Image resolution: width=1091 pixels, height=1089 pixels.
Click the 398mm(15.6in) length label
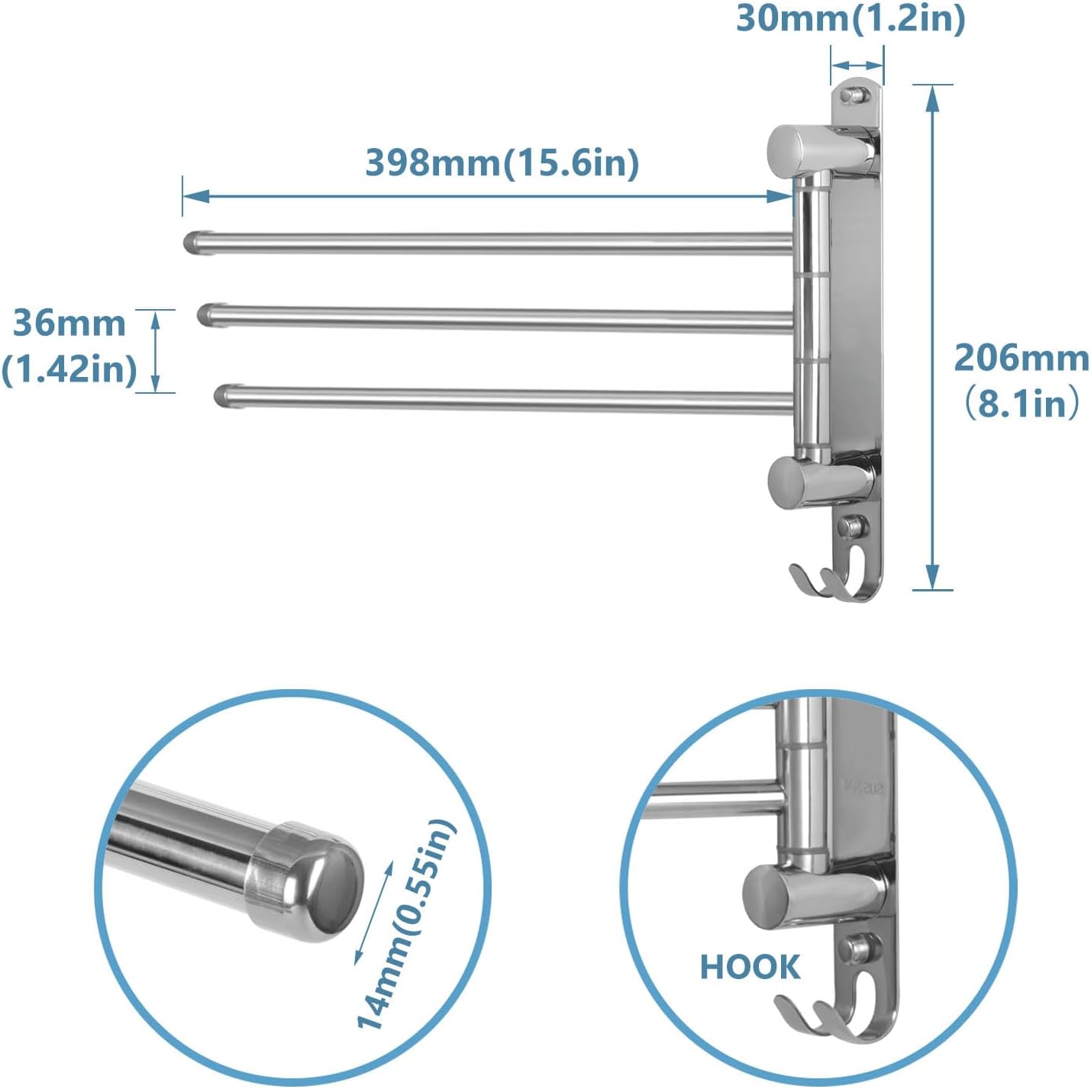tap(502, 163)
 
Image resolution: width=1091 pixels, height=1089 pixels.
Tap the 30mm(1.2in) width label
tap(850, 18)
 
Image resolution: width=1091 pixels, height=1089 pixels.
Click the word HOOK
tap(750, 967)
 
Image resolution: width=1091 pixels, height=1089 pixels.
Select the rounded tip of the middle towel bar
tap(206, 314)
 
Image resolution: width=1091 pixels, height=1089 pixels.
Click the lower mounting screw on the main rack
tap(852, 526)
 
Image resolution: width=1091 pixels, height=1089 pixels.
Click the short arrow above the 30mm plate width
tap(857, 66)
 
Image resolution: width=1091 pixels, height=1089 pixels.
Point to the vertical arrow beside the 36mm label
tap(155, 351)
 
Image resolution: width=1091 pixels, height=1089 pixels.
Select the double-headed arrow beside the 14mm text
tap(374, 912)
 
